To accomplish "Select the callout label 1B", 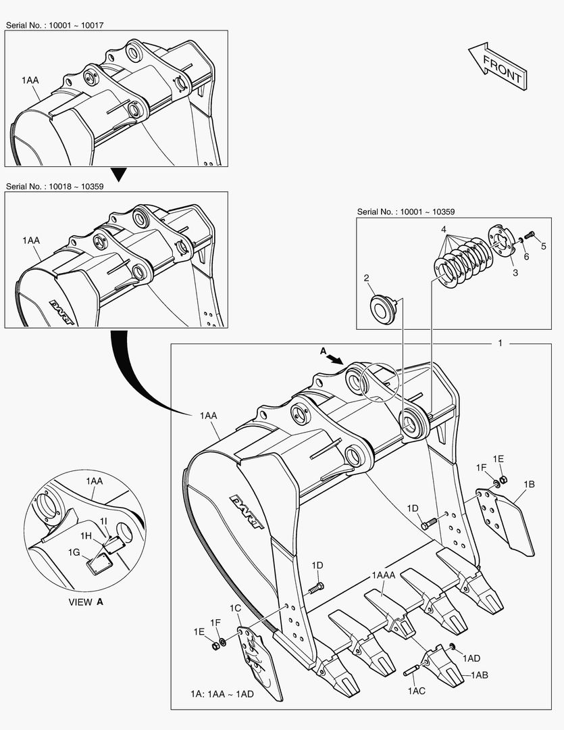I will pos(529,484).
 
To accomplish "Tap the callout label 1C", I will pos(235,608).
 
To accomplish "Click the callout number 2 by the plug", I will pos(366,278).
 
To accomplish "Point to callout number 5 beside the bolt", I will pos(543,245).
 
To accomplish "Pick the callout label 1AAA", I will pos(384,575).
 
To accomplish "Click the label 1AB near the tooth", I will pos(479,675).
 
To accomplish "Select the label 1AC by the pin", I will pos(416,691).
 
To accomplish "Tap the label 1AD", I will pos(471,658).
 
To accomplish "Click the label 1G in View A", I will pos(74,553).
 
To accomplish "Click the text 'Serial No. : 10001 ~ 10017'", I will pos(55,25).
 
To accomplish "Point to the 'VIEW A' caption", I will pos(86,602).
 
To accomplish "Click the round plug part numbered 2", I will pos(384,307).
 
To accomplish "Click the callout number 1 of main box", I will pos(500,343).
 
